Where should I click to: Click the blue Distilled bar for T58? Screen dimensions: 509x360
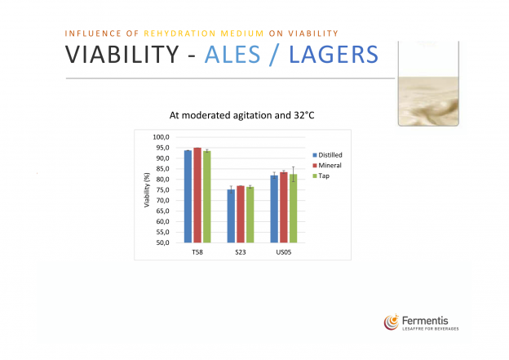tap(188, 197)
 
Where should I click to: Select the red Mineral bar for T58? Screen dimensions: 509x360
tap(197, 195)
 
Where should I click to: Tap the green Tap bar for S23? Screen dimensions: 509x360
tap(250, 215)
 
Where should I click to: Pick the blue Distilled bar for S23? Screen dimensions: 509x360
tap(231, 216)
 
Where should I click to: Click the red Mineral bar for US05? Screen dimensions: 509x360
tap(284, 207)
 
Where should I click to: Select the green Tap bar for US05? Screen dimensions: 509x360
tap(293, 208)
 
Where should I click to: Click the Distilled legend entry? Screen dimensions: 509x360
tap(328, 155)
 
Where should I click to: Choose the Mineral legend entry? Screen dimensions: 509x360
tap(327, 166)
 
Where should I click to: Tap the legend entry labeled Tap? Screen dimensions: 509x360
tap(321, 176)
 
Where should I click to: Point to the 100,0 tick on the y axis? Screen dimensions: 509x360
tap(161, 137)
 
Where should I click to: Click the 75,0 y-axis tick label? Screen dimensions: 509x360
tap(162, 189)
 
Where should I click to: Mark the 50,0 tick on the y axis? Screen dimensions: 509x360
tap(162, 242)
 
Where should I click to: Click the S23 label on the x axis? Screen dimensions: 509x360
tap(241, 252)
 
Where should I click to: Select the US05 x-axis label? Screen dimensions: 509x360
tap(284, 252)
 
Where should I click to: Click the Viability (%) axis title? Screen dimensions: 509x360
tap(147, 190)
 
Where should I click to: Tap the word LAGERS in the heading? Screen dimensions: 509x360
tap(334, 54)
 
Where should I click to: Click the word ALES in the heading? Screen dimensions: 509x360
tap(232, 54)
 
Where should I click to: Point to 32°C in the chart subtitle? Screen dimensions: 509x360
tap(304, 115)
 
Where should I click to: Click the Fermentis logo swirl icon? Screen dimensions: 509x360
tap(392, 322)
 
